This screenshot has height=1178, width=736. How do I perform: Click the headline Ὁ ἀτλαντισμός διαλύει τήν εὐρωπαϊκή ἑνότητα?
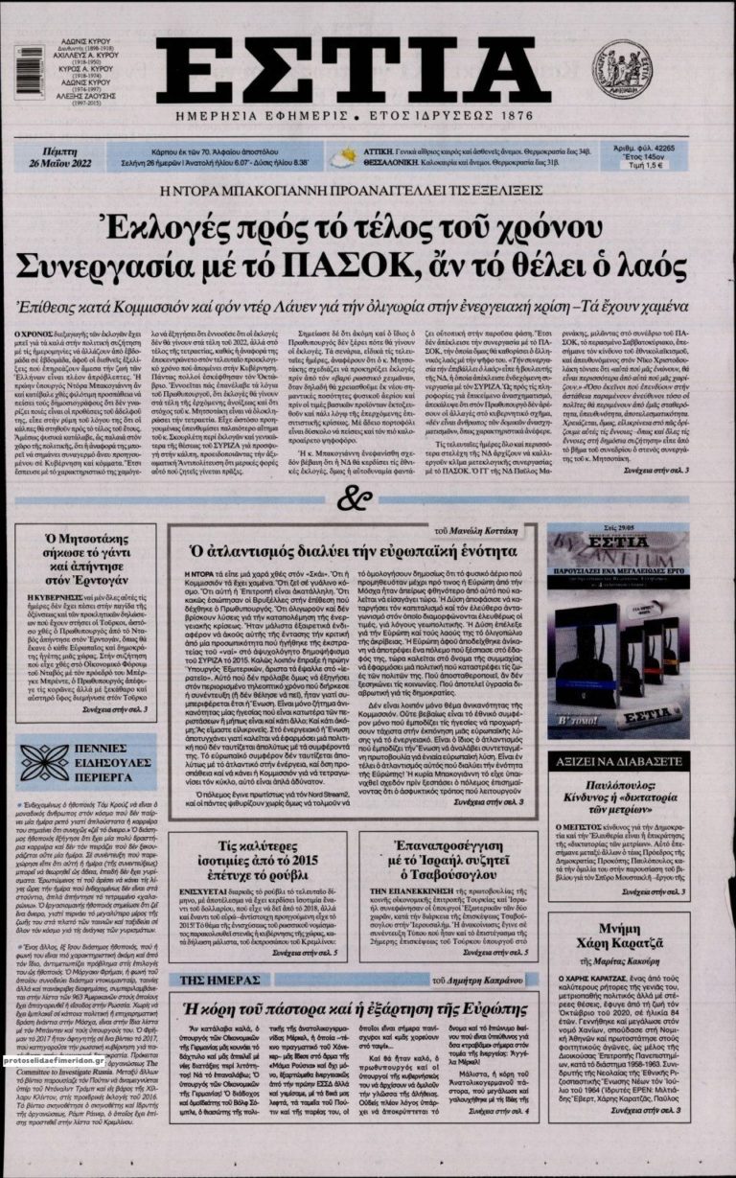click(355, 550)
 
